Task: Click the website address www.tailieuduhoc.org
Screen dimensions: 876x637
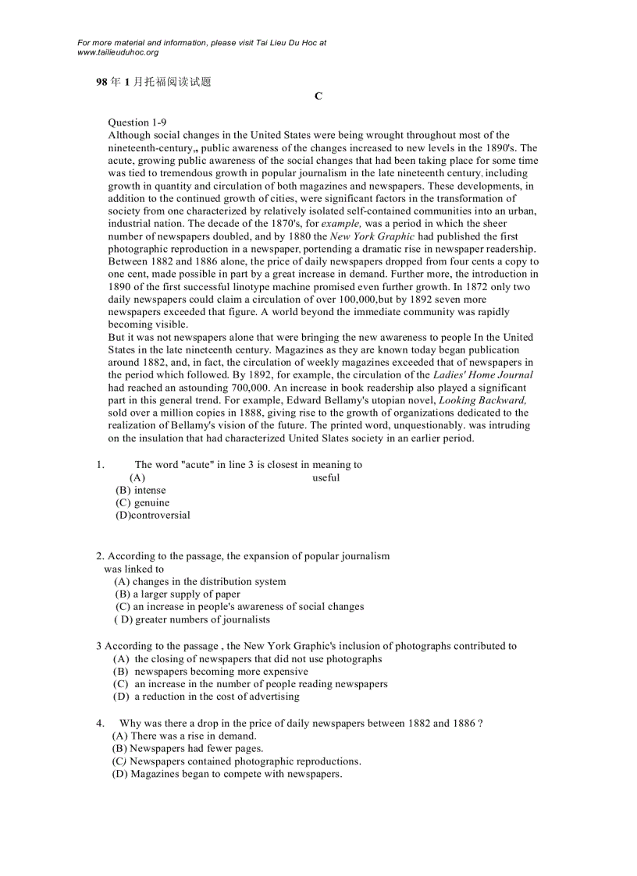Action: (118, 52)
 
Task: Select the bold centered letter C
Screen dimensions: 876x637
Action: (318, 96)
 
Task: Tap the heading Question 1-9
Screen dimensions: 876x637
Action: (137, 122)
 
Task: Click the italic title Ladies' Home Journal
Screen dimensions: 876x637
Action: (483, 375)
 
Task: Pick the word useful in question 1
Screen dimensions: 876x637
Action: (326, 477)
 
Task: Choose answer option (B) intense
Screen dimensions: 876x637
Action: (141, 490)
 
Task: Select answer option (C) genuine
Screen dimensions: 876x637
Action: (142, 502)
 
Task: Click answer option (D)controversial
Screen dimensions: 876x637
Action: (152, 515)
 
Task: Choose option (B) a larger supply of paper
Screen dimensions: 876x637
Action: (177, 594)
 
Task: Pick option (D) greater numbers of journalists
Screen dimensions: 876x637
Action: (191, 619)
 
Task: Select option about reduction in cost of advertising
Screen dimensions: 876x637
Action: (206, 697)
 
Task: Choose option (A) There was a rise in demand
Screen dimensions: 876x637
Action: (184, 736)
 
